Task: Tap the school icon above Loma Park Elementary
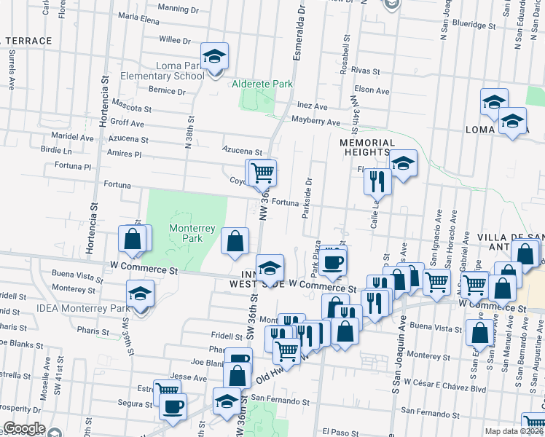click(x=215, y=56)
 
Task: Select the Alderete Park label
click(x=262, y=84)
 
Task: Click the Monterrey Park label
click(x=192, y=233)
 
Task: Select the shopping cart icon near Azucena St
click(x=262, y=173)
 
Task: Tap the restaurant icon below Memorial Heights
click(x=377, y=181)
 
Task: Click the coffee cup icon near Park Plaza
click(x=334, y=261)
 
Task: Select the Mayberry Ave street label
click(x=316, y=122)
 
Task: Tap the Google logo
click(x=23, y=428)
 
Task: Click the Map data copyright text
click(x=513, y=431)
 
